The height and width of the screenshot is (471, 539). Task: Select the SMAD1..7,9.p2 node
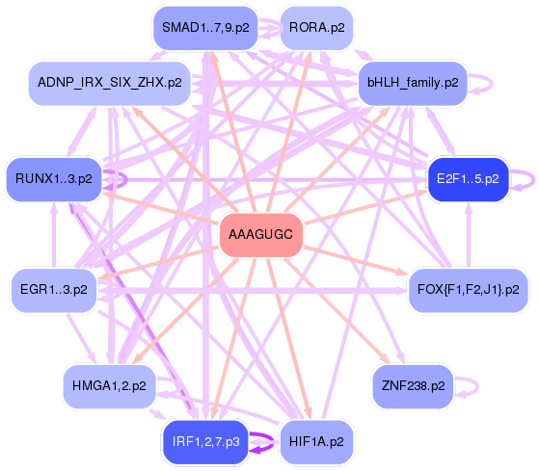tap(205, 28)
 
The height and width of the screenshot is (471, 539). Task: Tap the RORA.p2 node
tap(316, 28)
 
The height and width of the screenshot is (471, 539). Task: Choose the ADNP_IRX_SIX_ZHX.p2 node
tap(109, 83)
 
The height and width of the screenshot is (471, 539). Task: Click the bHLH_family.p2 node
tap(412, 83)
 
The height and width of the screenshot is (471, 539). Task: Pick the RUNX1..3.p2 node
tap(54, 179)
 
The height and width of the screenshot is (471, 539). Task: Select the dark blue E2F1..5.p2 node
tap(468, 179)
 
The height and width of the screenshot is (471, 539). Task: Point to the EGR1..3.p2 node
tap(54, 289)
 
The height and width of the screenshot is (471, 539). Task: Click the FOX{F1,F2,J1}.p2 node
tap(468, 289)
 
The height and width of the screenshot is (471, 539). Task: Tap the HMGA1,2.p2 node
tap(109, 385)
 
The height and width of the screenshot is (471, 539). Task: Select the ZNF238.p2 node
tap(412, 385)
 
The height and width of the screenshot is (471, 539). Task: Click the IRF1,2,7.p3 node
tap(205, 441)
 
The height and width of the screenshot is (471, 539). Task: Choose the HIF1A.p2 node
tap(316, 442)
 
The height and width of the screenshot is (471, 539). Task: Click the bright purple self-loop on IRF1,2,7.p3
tap(263, 441)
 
